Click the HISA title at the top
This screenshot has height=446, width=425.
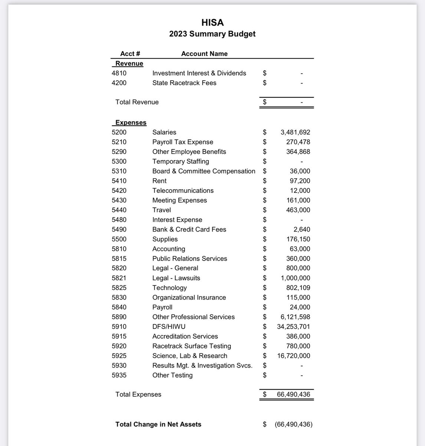212,23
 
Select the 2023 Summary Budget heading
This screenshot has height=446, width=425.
212,34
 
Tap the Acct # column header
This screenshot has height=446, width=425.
130,54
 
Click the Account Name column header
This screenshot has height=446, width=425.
204,54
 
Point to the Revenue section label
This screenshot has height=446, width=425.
129,64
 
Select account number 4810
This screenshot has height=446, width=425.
119,73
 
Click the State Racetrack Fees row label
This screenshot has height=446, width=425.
184,83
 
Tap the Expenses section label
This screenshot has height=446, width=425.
131,123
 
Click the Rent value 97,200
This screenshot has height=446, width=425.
300,181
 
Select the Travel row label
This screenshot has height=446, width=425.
161,210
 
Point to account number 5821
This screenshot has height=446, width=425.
119,278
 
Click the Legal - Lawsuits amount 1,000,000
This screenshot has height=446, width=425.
295,278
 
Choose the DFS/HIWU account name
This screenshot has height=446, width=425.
169,327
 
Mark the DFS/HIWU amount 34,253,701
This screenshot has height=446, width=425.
293,327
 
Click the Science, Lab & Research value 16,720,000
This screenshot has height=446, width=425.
293,356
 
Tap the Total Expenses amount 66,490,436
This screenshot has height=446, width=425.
293,394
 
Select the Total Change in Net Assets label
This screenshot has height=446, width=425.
158,424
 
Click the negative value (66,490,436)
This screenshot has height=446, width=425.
294,424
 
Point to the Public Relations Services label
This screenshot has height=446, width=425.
189,259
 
